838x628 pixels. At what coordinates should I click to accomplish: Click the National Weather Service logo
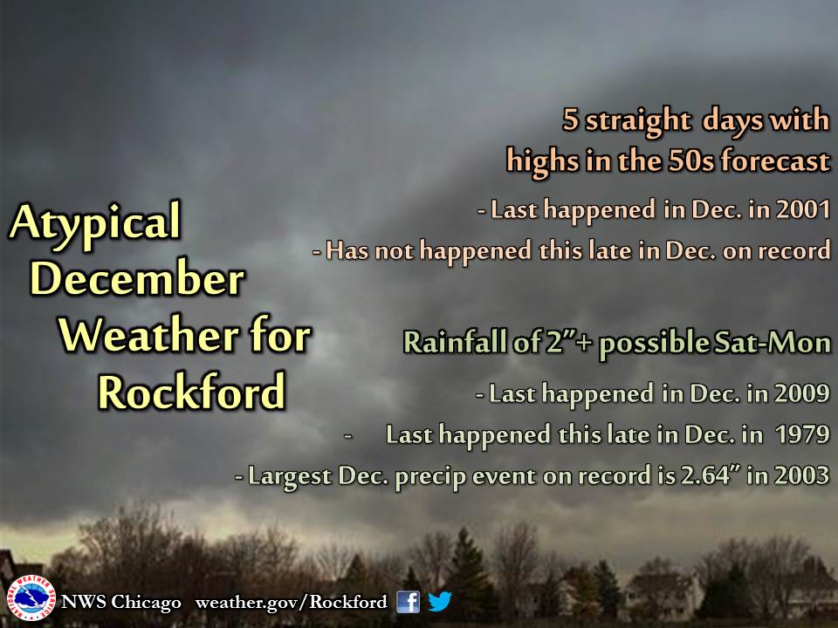[31, 598]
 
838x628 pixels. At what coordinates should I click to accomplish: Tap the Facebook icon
[408, 601]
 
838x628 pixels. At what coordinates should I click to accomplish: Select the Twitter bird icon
[439, 601]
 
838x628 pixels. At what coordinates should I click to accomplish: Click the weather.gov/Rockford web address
[291, 602]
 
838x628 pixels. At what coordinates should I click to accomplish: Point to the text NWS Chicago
[120, 602]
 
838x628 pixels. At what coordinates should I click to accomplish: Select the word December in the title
[137, 279]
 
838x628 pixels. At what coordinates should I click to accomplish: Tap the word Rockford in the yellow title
[191, 392]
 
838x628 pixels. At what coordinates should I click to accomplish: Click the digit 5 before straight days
[571, 120]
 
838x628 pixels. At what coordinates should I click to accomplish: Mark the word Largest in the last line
[289, 476]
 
